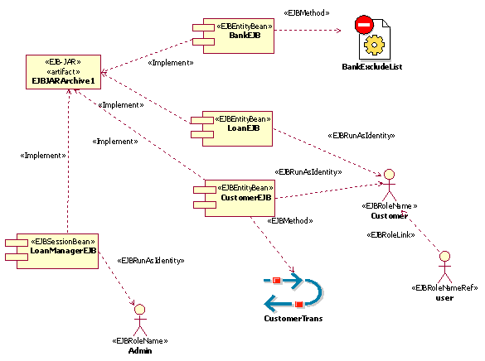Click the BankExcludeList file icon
pos(371,37)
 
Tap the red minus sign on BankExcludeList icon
pos(362,26)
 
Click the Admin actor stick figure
pos(139,319)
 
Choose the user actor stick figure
pos(444,266)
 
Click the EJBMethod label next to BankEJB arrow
pos(307,12)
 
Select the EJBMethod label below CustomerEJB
pos(290,221)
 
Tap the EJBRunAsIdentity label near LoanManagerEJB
pos(150,260)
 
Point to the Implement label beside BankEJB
pos(170,62)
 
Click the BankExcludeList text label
pos(371,66)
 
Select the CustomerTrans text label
pos(293,319)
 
